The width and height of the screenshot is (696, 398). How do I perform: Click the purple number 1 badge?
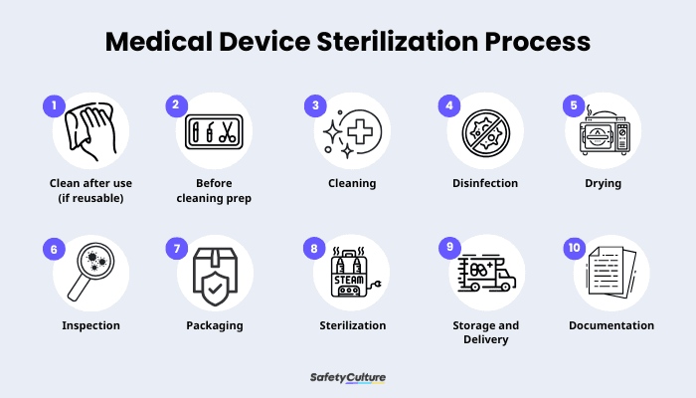tap(54, 103)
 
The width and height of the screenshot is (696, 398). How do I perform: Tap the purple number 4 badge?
tap(451, 103)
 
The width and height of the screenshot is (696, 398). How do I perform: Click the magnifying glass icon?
tap(88, 272)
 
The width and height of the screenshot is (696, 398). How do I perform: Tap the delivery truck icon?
tap(485, 272)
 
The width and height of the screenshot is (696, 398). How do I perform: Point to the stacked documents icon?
tap(610, 272)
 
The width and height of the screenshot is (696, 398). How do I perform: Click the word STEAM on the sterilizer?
tap(348, 280)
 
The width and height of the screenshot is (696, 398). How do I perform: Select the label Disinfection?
tap(484, 183)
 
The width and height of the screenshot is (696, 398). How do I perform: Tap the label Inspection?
tap(90, 325)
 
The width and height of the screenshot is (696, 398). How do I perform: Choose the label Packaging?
tap(216, 325)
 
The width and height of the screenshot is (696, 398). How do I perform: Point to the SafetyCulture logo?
tap(348, 378)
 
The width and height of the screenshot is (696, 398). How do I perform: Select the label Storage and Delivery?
tap(485, 332)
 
